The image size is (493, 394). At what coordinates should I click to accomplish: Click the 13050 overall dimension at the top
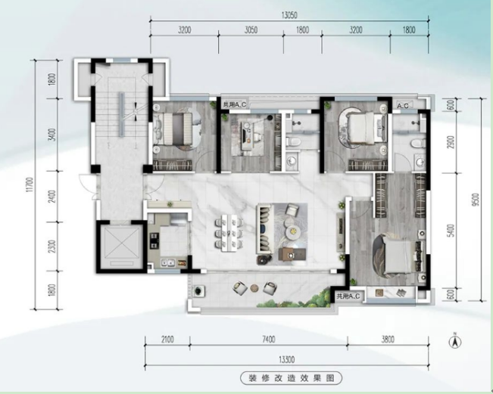(289, 15)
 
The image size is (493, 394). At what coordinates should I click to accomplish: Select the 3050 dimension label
(251, 29)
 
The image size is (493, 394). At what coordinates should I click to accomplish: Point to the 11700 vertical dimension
(30, 185)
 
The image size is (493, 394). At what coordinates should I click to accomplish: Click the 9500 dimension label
(476, 200)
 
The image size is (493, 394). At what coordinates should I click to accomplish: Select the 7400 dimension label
(269, 340)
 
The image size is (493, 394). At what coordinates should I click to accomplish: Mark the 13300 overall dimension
(287, 359)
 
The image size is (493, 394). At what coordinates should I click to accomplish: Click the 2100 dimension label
(167, 340)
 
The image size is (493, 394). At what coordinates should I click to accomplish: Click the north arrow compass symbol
(454, 340)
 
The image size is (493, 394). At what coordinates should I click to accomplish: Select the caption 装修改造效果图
(291, 378)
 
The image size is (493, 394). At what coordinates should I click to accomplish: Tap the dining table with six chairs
(229, 233)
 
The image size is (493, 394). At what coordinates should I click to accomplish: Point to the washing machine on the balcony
(198, 290)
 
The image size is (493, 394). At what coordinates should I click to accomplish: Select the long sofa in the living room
(264, 229)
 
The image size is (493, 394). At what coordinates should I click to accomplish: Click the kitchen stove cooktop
(154, 240)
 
